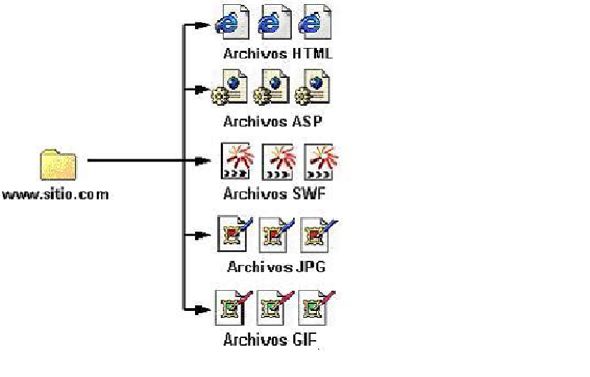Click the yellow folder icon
pos(58,166)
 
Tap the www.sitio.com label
pos(56,194)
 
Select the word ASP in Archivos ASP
pos(307,121)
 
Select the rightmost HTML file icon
pos(315,22)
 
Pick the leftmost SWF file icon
pos(235,161)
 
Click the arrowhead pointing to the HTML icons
pos(203,26)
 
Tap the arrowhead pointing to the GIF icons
pos(203,309)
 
